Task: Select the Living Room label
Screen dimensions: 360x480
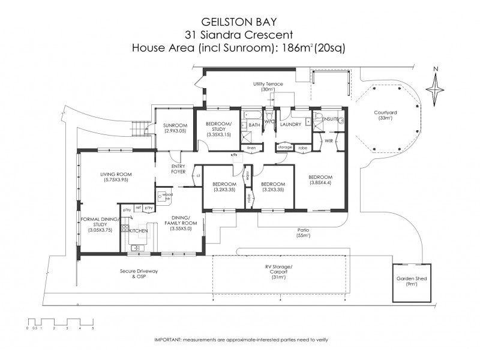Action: [116, 175]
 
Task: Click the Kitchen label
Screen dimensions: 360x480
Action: [139, 230]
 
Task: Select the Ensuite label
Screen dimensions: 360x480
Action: [330, 119]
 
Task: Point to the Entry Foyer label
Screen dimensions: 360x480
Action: [178, 169]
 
